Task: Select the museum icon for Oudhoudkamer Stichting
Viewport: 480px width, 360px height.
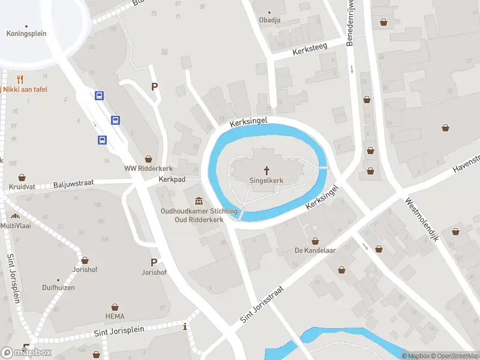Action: (x=199, y=201)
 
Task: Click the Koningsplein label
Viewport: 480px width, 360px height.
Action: (x=26, y=34)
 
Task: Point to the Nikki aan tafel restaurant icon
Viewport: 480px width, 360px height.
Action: (x=20, y=79)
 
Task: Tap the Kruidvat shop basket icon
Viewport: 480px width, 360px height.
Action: (x=22, y=178)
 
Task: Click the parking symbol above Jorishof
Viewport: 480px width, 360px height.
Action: (x=154, y=262)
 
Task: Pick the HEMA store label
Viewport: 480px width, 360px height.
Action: (x=115, y=316)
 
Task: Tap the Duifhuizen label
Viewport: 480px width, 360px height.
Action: (x=58, y=288)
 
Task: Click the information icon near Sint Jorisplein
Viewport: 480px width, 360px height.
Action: (x=185, y=327)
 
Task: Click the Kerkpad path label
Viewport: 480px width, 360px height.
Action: (x=172, y=179)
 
